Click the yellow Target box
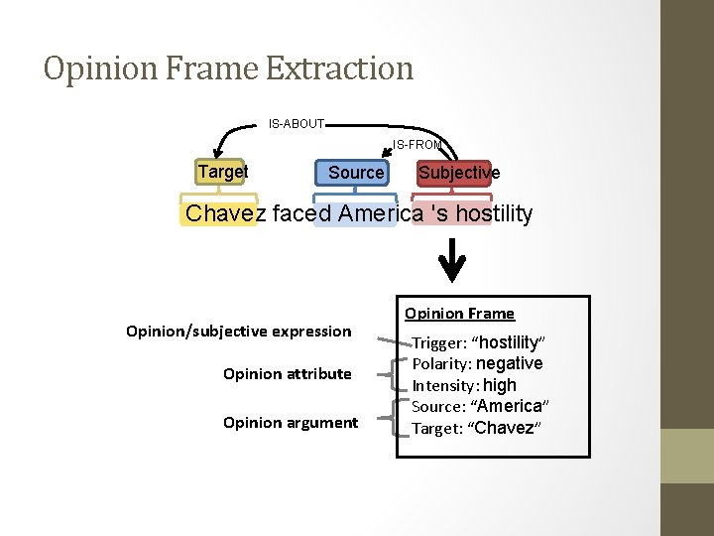[x=223, y=172]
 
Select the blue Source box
[x=355, y=173]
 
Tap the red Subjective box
[x=458, y=173]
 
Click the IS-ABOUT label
[x=297, y=124]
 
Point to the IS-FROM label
[x=417, y=145]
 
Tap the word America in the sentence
[x=372, y=213]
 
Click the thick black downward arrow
[x=452, y=260]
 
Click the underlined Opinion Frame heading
[x=459, y=314]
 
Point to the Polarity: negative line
[x=477, y=364]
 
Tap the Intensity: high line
[x=464, y=385]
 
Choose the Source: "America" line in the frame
[x=480, y=406]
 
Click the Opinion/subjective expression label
[x=239, y=331]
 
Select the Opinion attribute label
[x=288, y=374]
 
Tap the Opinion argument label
[x=291, y=423]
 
